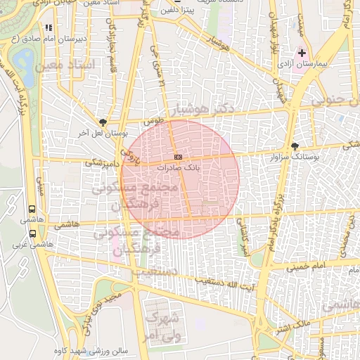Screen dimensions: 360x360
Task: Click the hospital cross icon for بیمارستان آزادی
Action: click(x=302, y=53)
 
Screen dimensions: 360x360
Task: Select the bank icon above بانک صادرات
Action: click(x=179, y=157)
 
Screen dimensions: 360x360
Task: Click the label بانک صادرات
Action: click(x=179, y=168)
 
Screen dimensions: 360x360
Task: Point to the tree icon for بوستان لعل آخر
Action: click(x=104, y=122)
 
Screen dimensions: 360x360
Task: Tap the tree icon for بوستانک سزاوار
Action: click(x=294, y=146)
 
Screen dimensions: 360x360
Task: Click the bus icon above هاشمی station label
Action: click(x=32, y=209)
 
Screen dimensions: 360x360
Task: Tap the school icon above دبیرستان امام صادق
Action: click(x=49, y=27)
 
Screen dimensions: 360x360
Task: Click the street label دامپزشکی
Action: click(x=101, y=162)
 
